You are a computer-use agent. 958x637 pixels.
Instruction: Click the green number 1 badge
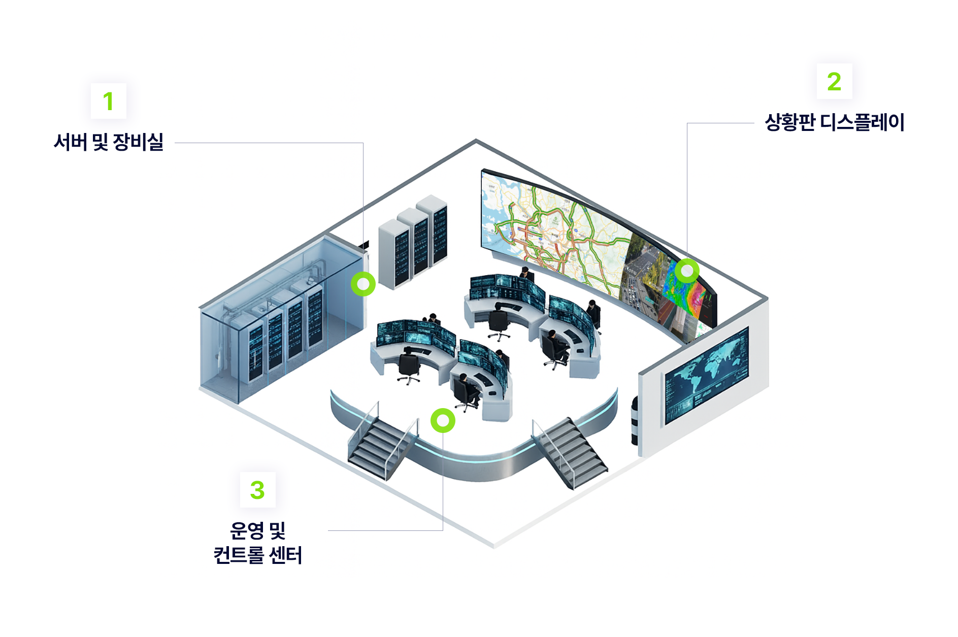coord(108,101)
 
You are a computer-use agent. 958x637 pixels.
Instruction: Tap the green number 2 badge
coord(834,81)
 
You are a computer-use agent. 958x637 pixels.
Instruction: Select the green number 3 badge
coord(257,490)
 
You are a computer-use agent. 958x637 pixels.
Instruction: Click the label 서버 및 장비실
coord(109,142)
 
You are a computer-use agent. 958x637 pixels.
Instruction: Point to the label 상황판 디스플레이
coord(834,122)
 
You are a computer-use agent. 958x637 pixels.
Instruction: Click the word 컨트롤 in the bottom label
coord(239,555)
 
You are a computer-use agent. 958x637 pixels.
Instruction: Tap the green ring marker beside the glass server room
coord(363,284)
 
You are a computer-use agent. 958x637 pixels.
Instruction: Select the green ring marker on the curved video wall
coord(686,271)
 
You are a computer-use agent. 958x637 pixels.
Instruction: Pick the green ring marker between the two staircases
coord(443,420)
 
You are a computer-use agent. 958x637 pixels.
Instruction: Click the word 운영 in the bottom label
coord(247,531)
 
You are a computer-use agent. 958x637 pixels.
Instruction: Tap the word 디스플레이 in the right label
coord(863,122)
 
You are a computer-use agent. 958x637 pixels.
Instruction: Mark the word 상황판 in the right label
coord(790,122)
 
